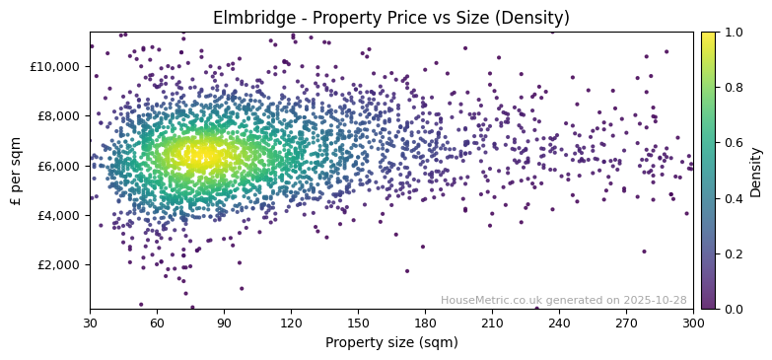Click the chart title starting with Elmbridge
click(391, 18)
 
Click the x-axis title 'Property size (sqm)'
click(391, 343)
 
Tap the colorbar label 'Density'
click(756, 171)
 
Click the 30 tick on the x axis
click(90, 323)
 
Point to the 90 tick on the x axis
click(224, 323)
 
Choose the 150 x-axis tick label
click(358, 323)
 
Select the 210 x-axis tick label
click(492, 323)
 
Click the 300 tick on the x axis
click(693, 323)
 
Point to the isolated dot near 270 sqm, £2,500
click(644, 252)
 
